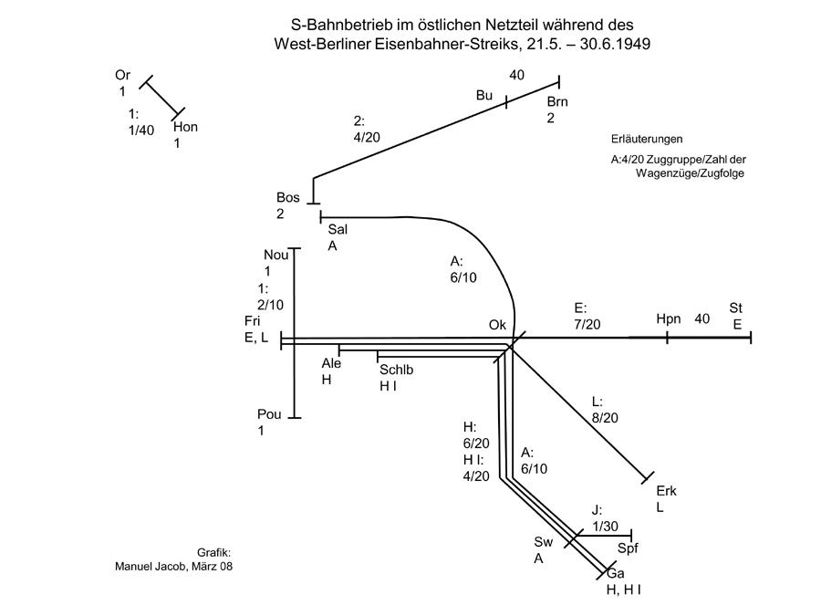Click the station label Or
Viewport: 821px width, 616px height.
(123, 75)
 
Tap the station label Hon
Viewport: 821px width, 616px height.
(185, 127)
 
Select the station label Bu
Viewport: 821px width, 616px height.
(484, 96)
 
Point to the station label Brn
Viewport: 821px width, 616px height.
(557, 101)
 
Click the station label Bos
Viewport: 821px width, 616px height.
(288, 198)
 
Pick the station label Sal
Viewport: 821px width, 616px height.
(338, 230)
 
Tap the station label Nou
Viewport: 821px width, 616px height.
(275, 255)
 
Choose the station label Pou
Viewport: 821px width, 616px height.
(269, 414)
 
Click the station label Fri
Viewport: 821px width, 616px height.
(253, 321)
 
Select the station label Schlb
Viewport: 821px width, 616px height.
(397, 370)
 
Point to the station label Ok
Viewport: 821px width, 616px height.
(497, 325)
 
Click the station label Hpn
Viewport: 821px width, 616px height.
(668, 318)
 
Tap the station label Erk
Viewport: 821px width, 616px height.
(666, 491)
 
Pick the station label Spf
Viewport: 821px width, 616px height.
(629, 548)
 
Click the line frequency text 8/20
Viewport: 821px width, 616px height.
(605, 418)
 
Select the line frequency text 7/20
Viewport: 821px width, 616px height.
(587, 324)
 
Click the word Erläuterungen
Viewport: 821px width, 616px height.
(647, 140)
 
